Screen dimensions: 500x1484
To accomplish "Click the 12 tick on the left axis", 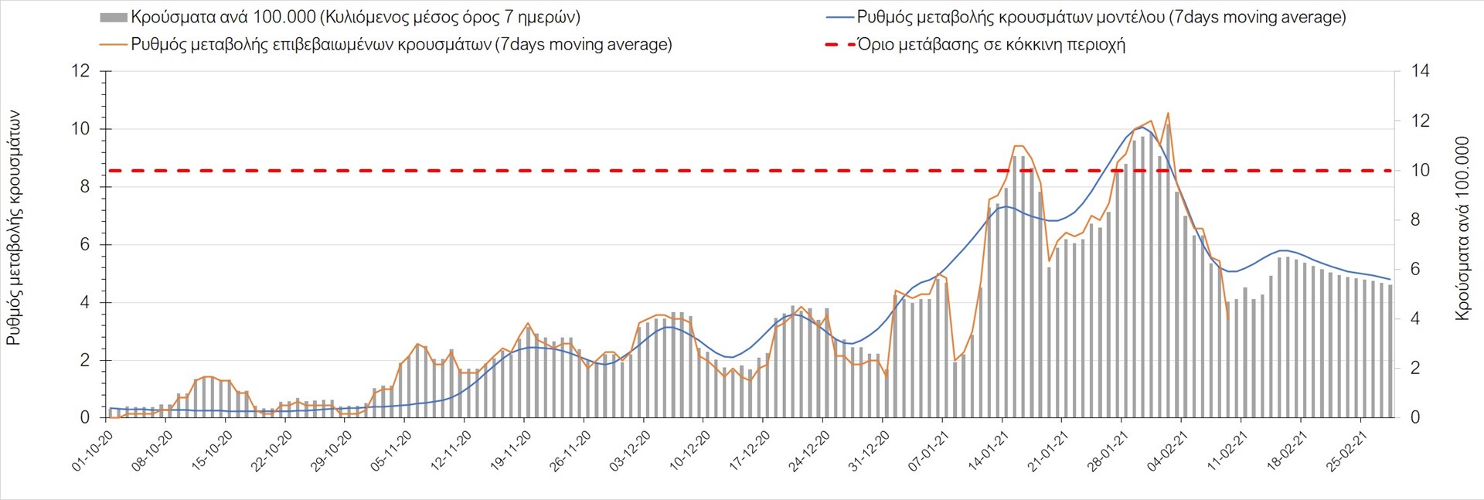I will (x=80, y=71).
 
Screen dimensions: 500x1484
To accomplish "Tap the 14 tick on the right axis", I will (x=1420, y=71).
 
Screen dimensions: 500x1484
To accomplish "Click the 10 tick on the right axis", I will (x=1420, y=171).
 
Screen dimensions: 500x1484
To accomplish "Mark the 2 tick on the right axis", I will (x=1415, y=369).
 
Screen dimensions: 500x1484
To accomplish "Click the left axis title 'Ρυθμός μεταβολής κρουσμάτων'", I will (x=13, y=228).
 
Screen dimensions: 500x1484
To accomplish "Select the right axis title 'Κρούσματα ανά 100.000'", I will (x=1462, y=228).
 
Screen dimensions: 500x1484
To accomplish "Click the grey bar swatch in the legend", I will (x=113, y=18).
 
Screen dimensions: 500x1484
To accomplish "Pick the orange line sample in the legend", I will (x=113, y=45).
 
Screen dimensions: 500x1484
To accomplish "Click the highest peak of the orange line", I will (x=1167, y=114).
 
